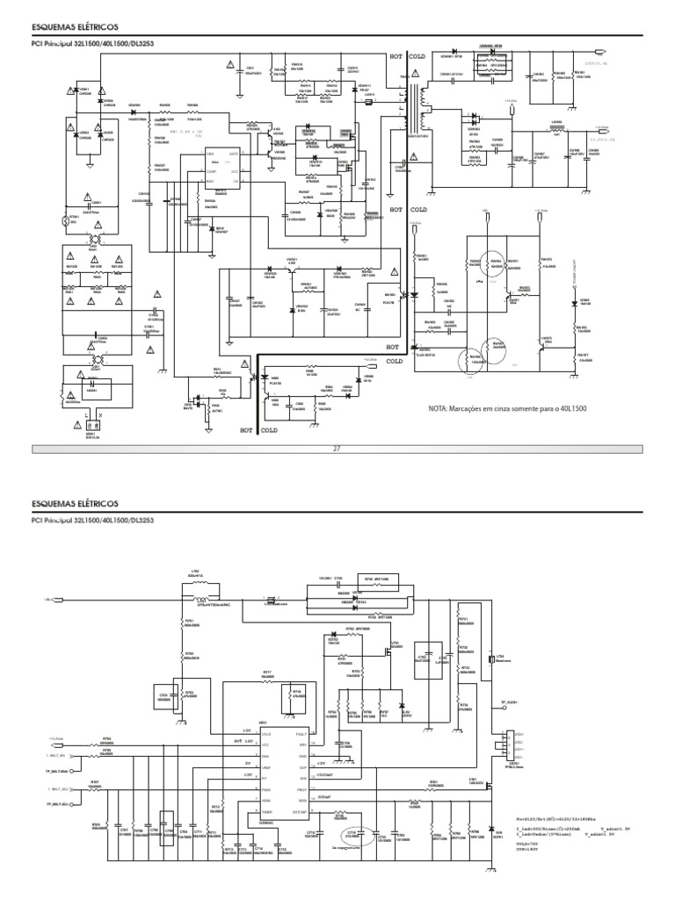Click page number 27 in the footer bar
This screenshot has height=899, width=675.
(335, 448)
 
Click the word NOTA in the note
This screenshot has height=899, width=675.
(438, 410)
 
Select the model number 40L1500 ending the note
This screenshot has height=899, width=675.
(572, 410)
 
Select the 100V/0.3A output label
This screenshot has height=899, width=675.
(595, 63)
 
